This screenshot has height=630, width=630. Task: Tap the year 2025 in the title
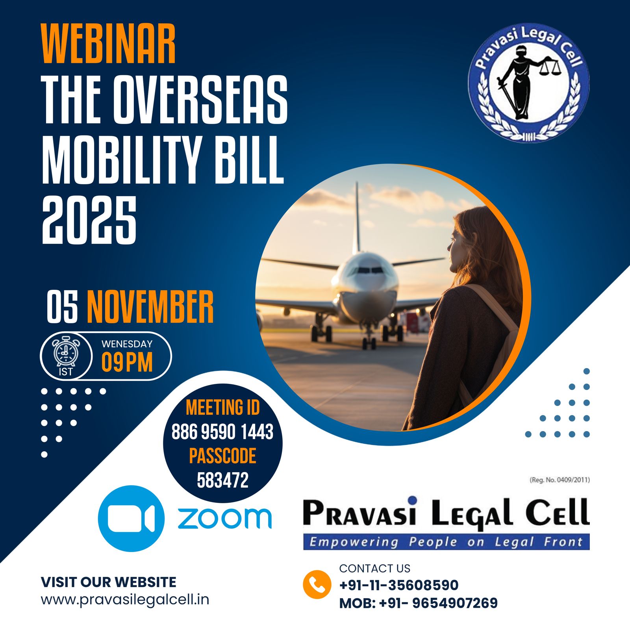point(89,220)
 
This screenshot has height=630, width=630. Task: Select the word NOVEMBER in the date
point(150,307)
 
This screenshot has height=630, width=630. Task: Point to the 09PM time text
point(127,362)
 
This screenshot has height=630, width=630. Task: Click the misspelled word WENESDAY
point(127,344)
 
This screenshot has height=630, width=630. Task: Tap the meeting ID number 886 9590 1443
point(222,432)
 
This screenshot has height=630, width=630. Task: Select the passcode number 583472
point(222,480)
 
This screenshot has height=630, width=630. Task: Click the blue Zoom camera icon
point(131,518)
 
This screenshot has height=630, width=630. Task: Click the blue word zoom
point(225,518)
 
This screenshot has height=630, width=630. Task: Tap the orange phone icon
point(317,584)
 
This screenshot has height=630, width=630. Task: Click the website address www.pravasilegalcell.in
point(125,600)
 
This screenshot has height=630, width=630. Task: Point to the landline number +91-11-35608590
point(399,585)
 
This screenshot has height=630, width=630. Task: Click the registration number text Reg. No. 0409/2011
point(560,480)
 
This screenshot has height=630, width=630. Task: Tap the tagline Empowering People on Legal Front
point(446,542)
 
